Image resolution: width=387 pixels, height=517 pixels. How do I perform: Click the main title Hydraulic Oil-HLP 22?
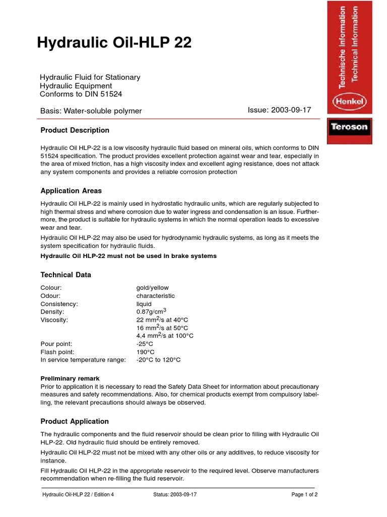click(x=114, y=43)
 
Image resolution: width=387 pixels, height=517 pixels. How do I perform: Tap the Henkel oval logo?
click(x=350, y=102)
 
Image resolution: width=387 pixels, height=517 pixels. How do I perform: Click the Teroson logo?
click(x=349, y=127)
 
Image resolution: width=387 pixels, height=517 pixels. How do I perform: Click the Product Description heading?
click(x=75, y=130)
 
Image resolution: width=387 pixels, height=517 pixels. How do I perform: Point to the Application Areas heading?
click(x=71, y=191)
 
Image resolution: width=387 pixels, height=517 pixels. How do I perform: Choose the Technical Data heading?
click(x=66, y=275)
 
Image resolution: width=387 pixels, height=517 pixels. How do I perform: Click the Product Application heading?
click(x=75, y=421)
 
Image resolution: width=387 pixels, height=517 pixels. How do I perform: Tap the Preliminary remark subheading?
click(x=70, y=378)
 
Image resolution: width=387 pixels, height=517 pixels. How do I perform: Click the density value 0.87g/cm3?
click(x=151, y=312)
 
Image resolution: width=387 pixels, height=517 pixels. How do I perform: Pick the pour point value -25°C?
click(x=145, y=344)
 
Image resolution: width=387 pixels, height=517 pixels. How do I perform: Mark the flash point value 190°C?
click(x=145, y=352)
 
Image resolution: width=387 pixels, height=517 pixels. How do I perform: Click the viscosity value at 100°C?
click(x=165, y=335)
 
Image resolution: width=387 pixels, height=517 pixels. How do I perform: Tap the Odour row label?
click(x=51, y=296)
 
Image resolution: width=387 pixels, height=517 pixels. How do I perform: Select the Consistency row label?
click(x=59, y=304)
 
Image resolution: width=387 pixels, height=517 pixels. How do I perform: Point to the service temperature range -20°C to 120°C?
click(x=158, y=360)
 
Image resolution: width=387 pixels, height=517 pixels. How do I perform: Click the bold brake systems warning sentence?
click(x=128, y=256)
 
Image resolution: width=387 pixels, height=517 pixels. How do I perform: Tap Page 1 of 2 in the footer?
click(x=304, y=495)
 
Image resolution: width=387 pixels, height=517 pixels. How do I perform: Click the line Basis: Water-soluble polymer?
click(x=91, y=111)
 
